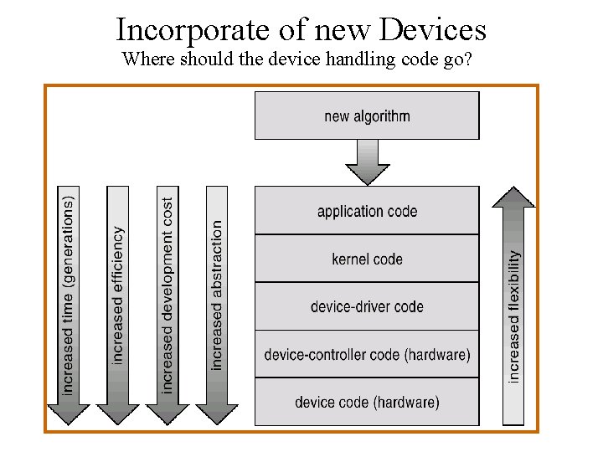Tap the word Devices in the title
433,30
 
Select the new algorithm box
367,116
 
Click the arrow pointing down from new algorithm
367,162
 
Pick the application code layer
367,211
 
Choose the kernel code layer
367,259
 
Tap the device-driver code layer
367,306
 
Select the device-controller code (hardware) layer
367,355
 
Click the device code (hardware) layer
367,403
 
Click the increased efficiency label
118,295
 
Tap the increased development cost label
167,295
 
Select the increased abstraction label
217,295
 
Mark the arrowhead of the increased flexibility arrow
513,197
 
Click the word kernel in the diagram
350,259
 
